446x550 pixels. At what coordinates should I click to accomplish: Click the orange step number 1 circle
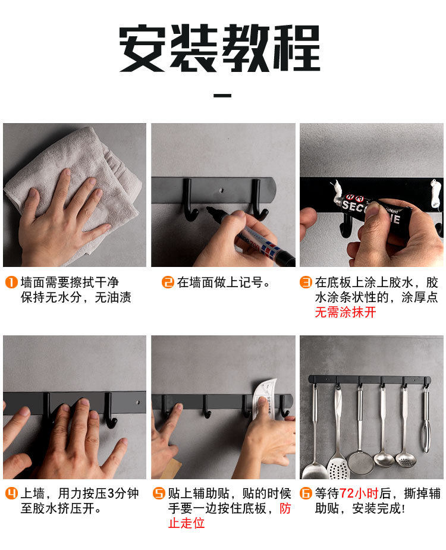(11, 282)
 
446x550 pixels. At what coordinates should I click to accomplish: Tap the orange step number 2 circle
(168, 282)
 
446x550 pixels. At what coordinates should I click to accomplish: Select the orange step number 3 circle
(306, 282)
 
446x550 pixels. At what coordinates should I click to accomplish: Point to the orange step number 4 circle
(11, 494)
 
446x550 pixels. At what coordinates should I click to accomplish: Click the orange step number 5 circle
(159, 494)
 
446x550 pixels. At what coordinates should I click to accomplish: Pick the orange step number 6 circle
(306, 494)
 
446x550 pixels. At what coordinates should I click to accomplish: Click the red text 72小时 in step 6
(359, 494)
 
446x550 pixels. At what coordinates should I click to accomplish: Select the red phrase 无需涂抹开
(346, 312)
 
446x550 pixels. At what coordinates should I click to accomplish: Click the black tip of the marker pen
(210, 210)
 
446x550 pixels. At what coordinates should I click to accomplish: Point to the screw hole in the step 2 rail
(221, 190)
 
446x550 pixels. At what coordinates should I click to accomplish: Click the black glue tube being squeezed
(373, 209)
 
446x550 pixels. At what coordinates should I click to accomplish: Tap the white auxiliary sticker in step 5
(265, 398)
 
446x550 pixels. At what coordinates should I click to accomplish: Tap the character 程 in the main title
(297, 48)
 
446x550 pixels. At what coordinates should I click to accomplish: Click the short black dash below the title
(222, 95)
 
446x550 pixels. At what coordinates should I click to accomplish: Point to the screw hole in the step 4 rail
(138, 402)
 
